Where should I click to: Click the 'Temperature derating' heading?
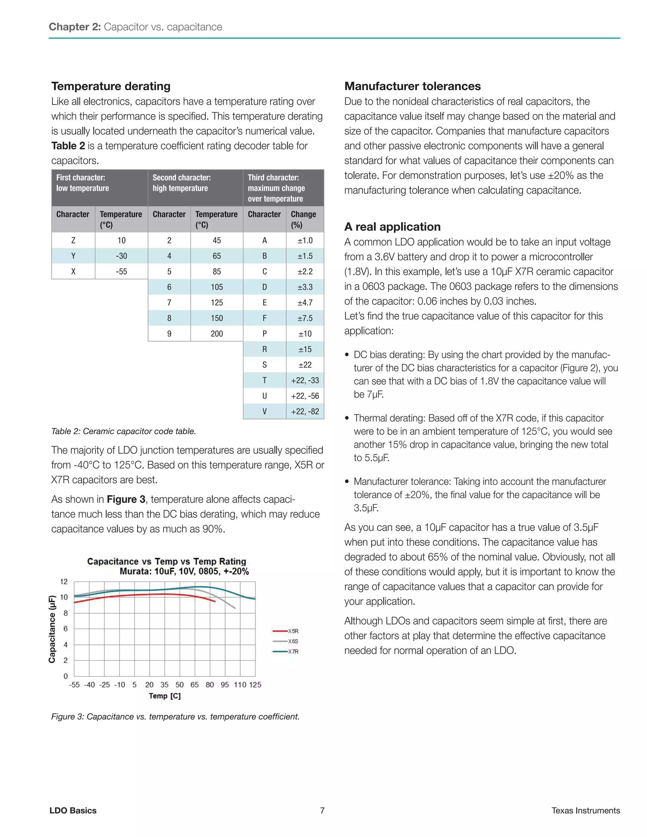(111, 86)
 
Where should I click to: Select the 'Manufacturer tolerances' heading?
(412, 86)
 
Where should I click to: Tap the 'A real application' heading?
(392, 227)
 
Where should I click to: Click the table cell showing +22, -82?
(305, 412)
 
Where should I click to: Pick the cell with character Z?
(73, 240)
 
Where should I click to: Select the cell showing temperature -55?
(122, 271)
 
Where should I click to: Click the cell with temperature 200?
(216, 334)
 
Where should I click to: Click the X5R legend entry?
(286, 631)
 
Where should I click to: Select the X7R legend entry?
(286, 652)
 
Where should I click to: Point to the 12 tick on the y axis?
(63, 582)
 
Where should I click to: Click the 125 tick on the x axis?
(255, 685)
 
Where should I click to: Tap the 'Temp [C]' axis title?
(165, 696)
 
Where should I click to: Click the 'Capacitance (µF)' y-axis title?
(52, 629)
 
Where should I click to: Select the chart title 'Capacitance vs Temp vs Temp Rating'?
(166, 562)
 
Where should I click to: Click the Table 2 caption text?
(124, 431)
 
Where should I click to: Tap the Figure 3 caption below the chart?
(175, 717)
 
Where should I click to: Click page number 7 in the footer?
(322, 810)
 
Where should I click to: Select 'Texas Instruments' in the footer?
(585, 810)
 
